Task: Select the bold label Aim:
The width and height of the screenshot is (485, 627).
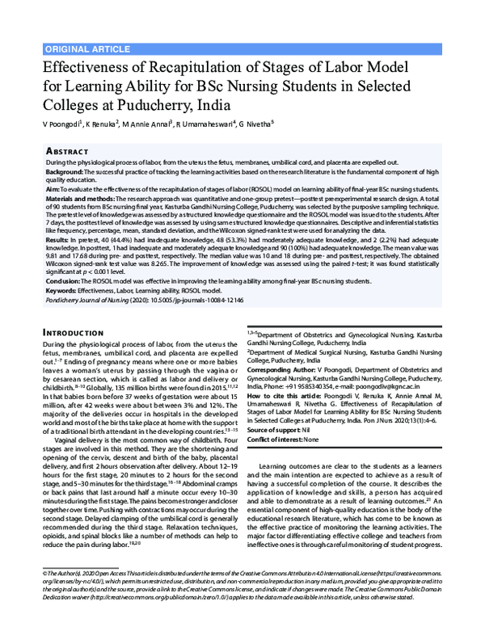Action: [x=53, y=188]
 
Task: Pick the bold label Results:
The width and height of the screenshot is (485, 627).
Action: [x=58, y=241]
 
